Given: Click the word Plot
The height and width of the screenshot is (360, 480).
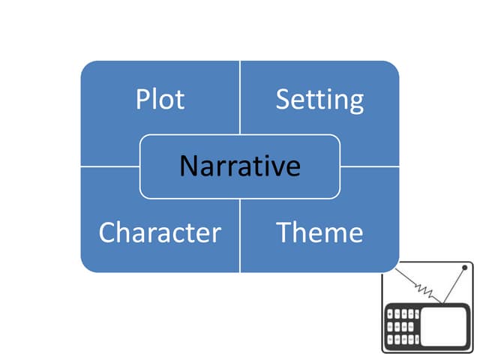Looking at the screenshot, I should [x=160, y=100].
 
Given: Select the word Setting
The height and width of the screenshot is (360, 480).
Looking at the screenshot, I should [x=319, y=100].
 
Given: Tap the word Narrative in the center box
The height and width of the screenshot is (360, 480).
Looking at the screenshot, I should [x=239, y=166].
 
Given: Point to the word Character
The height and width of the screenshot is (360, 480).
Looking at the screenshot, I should [x=160, y=232].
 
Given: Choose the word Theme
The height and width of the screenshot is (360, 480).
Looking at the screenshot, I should [x=319, y=232].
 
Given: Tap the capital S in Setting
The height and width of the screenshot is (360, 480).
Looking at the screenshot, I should [x=283, y=100].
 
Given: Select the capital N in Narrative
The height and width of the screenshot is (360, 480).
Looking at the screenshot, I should [x=187, y=166].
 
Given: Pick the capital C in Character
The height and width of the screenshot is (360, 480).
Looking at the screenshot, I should [x=106, y=232].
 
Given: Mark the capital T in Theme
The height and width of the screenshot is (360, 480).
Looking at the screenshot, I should [x=283, y=232].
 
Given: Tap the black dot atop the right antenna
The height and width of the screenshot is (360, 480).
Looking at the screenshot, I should [x=464, y=268].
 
